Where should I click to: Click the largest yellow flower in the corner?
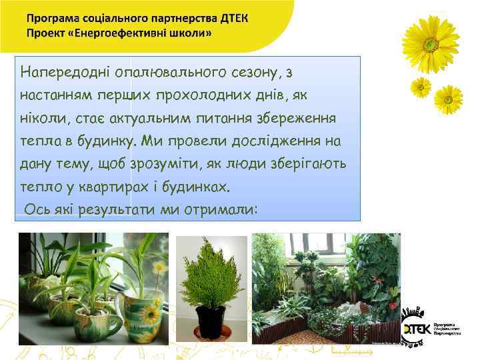(x=431, y=43)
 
